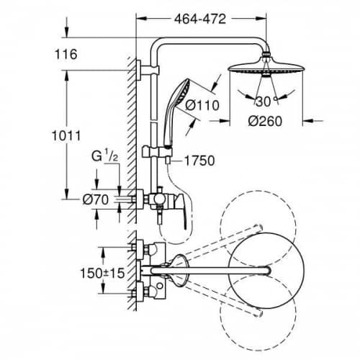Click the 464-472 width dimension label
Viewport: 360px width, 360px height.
tap(200, 19)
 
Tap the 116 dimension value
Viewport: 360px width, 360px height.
tap(66, 54)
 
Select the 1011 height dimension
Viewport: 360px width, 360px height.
tap(66, 136)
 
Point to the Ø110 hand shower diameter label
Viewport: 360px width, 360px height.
tap(202, 105)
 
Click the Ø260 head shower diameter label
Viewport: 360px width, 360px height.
tap(265, 121)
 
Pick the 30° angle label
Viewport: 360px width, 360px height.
tap(266, 102)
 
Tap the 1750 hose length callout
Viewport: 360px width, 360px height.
tap(199, 161)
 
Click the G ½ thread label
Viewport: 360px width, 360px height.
tap(104, 157)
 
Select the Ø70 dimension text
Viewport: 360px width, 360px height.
tap(96, 199)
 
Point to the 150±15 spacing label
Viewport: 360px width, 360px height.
tap(102, 273)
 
